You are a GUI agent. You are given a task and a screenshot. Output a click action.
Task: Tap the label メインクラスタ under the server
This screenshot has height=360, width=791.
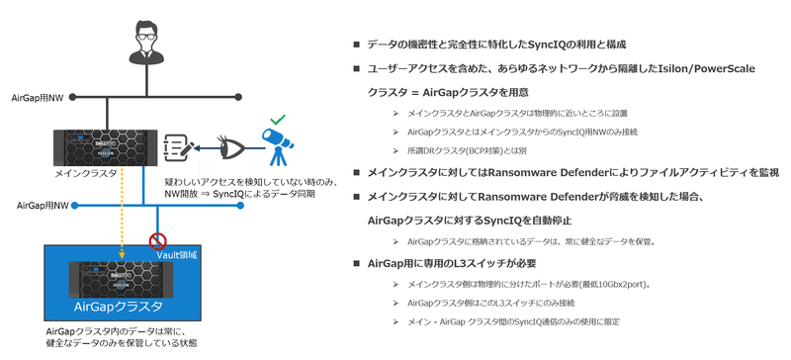tap(88, 172)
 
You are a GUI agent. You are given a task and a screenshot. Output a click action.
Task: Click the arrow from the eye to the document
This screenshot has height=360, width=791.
tap(207, 148)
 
